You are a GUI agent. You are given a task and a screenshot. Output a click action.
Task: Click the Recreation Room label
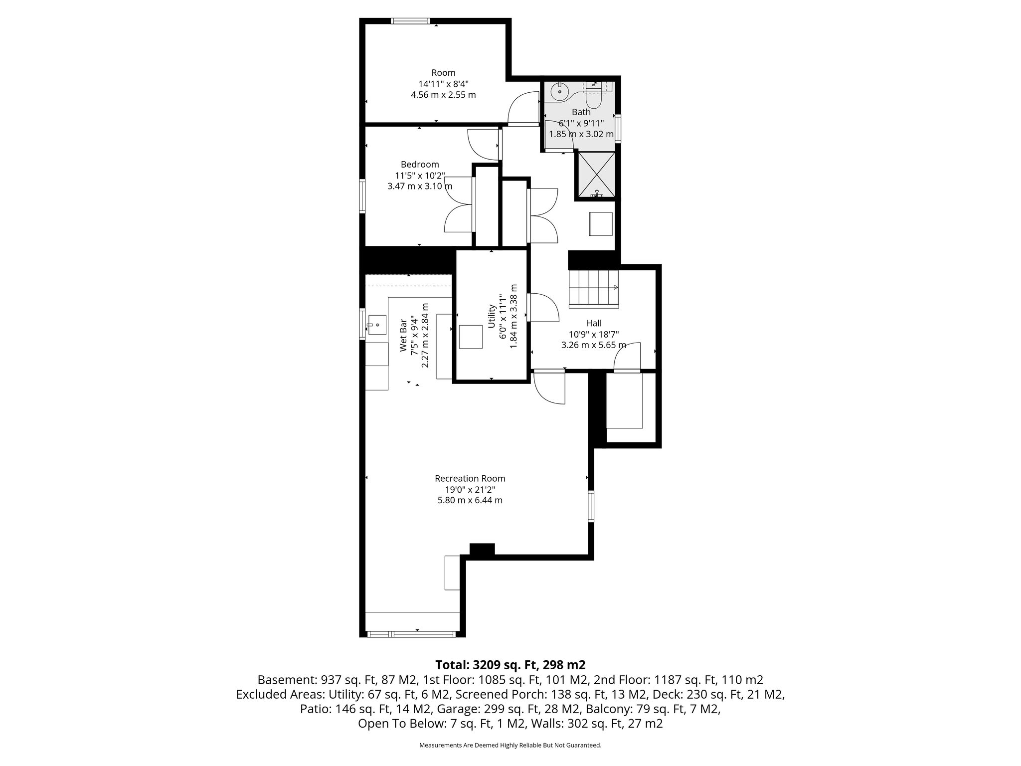470,479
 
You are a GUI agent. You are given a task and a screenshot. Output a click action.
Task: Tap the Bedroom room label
420,165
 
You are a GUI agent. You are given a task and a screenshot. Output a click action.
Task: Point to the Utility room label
492,316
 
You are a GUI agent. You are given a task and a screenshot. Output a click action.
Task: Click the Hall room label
594,324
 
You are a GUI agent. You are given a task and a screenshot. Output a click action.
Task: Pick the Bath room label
581,112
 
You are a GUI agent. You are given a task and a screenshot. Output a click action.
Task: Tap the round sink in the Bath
560,92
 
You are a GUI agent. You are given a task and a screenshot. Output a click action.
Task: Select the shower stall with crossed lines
595,175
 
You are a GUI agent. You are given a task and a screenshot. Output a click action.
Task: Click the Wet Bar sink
377,325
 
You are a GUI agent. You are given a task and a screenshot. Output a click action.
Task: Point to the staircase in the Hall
594,287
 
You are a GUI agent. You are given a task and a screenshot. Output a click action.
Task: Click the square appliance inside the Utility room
471,337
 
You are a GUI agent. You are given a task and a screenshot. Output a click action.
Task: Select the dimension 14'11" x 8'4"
443,84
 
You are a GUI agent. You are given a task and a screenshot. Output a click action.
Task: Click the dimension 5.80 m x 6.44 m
470,500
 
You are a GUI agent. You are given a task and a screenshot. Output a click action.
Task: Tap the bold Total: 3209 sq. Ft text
510,665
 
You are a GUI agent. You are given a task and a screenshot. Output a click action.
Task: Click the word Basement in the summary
280,680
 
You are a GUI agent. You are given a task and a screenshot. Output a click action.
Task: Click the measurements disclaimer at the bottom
510,745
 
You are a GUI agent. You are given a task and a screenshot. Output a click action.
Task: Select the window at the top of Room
410,21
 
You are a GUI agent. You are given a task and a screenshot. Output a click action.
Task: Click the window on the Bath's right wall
618,129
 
